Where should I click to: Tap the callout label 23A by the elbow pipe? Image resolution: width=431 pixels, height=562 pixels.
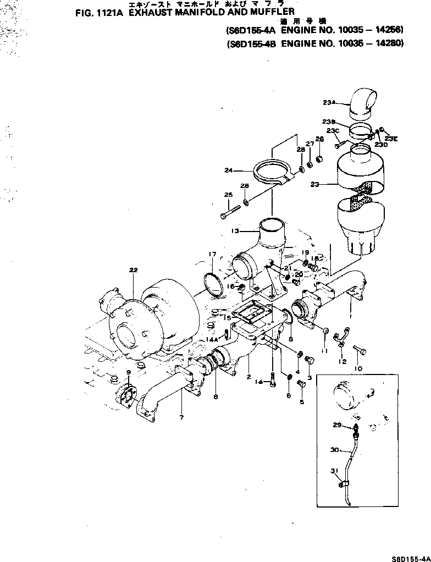pyautogui.click(x=329, y=102)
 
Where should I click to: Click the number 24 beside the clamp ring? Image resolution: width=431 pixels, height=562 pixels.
pyautogui.click(x=229, y=170)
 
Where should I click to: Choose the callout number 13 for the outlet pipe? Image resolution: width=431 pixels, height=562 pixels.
pyautogui.click(x=235, y=231)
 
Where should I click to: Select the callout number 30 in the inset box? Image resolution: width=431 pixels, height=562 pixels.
pyautogui.click(x=335, y=450)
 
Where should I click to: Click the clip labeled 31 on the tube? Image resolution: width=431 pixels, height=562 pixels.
pyautogui.click(x=344, y=484)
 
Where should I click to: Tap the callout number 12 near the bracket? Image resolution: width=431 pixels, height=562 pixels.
pyautogui.click(x=342, y=361)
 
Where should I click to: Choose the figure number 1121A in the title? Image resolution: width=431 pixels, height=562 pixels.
pyautogui.click(x=103, y=15)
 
